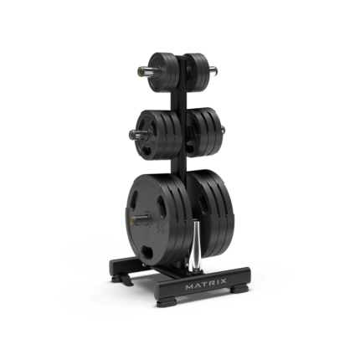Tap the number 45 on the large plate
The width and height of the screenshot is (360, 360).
pos(160,228)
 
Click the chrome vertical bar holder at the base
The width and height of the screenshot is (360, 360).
pos(194,244)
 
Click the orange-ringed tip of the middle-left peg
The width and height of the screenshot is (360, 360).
pos(132,135)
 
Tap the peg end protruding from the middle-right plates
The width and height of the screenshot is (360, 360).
pos(223,129)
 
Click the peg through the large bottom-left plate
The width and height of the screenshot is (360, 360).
pos(140,219)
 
